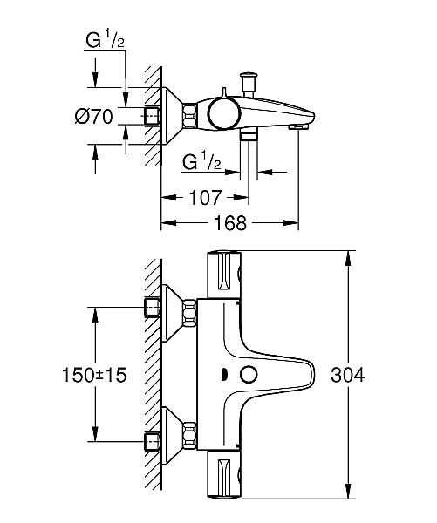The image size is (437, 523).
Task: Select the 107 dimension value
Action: pyautogui.click(x=206, y=198)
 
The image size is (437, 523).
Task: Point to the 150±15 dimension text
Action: pyautogui.click(x=94, y=375)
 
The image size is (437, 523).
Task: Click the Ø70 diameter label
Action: pyautogui.click(x=93, y=117)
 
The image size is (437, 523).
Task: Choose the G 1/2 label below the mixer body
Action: pyautogui.click(x=201, y=161)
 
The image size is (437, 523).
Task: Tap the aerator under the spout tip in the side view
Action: pyautogui.click(x=297, y=128)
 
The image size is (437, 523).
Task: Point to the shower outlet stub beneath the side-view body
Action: pyautogui.click(x=248, y=136)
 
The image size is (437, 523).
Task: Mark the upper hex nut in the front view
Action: pyautogui.click(x=154, y=308)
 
